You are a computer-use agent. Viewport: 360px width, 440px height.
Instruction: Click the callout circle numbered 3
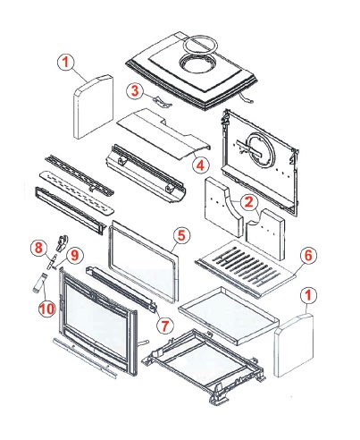click(x=135, y=90)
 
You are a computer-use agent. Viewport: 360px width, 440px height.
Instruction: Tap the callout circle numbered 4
click(x=200, y=165)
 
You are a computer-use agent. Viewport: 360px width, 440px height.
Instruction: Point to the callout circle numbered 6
click(x=308, y=256)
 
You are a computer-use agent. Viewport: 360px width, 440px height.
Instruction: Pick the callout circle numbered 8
click(x=39, y=248)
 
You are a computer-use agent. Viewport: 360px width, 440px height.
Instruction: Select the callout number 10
click(x=47, y=308)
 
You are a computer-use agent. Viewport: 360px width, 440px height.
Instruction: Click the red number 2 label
click(x=248, y=202)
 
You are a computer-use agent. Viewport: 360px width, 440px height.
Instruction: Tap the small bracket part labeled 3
click(x=163, y=102)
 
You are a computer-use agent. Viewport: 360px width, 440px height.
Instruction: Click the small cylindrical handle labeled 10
click(x=39, y=283)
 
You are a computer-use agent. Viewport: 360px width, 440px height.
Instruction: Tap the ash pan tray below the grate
click(x=229, y=316)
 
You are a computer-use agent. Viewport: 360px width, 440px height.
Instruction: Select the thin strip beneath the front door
click(x=84, y=358)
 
